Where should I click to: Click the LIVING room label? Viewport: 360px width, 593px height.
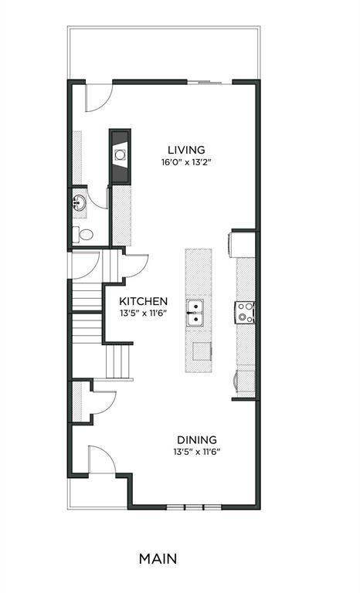[186, 150]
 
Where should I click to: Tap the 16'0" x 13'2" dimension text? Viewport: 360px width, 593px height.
[186, 162]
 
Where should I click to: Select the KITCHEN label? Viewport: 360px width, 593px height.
[143, 301]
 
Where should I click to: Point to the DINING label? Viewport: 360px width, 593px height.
[197, 440]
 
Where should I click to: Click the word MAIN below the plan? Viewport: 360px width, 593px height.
[158, 558]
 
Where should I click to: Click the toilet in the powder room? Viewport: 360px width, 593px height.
[83, 235]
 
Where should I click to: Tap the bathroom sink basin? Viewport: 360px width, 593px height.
[79, 204]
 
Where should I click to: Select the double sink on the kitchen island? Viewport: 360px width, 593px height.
[195, 313]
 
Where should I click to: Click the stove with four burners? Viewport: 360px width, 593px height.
[245, 313]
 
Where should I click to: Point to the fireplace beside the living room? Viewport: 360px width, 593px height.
[120, 157]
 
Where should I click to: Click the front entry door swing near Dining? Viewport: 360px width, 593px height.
[101, 459]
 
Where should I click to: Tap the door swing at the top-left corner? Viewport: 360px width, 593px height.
[99, 97]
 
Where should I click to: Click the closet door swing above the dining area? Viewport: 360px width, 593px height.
[104, 402]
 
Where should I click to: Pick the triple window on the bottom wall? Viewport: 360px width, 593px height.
[194, 507]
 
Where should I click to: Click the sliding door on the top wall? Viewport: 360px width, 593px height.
[209, 82]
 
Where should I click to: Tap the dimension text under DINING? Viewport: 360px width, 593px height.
[197, 452]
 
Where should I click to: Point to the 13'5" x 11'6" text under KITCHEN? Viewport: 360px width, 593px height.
[143, 313]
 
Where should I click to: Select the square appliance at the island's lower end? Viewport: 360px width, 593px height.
[202, 351]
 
